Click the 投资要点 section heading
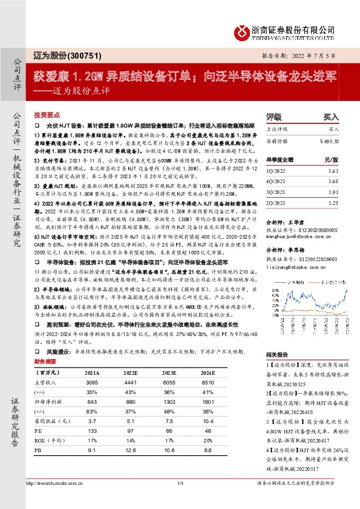[45, 114]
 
